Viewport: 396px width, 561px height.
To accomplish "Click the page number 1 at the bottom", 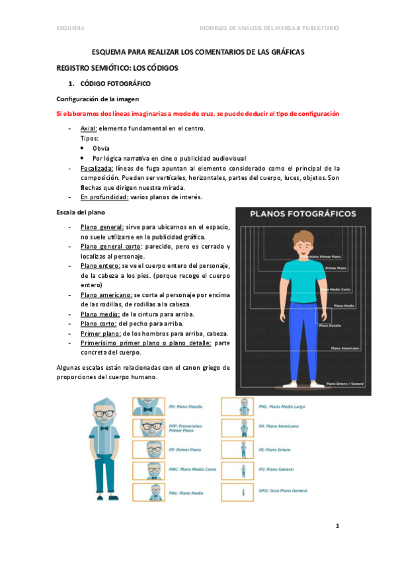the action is click(337, 526).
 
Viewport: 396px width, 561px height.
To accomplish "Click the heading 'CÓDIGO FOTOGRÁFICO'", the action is click(115, 84).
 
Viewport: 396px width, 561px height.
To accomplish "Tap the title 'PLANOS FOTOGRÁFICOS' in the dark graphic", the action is click(304, 214).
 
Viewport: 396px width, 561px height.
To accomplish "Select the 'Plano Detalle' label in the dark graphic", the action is click(330, 325).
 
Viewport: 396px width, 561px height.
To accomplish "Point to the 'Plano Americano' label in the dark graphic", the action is click(344, 348).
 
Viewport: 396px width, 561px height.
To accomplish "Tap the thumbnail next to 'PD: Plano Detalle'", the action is click(149, 406).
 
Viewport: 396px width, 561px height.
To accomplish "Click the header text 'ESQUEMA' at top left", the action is click(70, 28).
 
